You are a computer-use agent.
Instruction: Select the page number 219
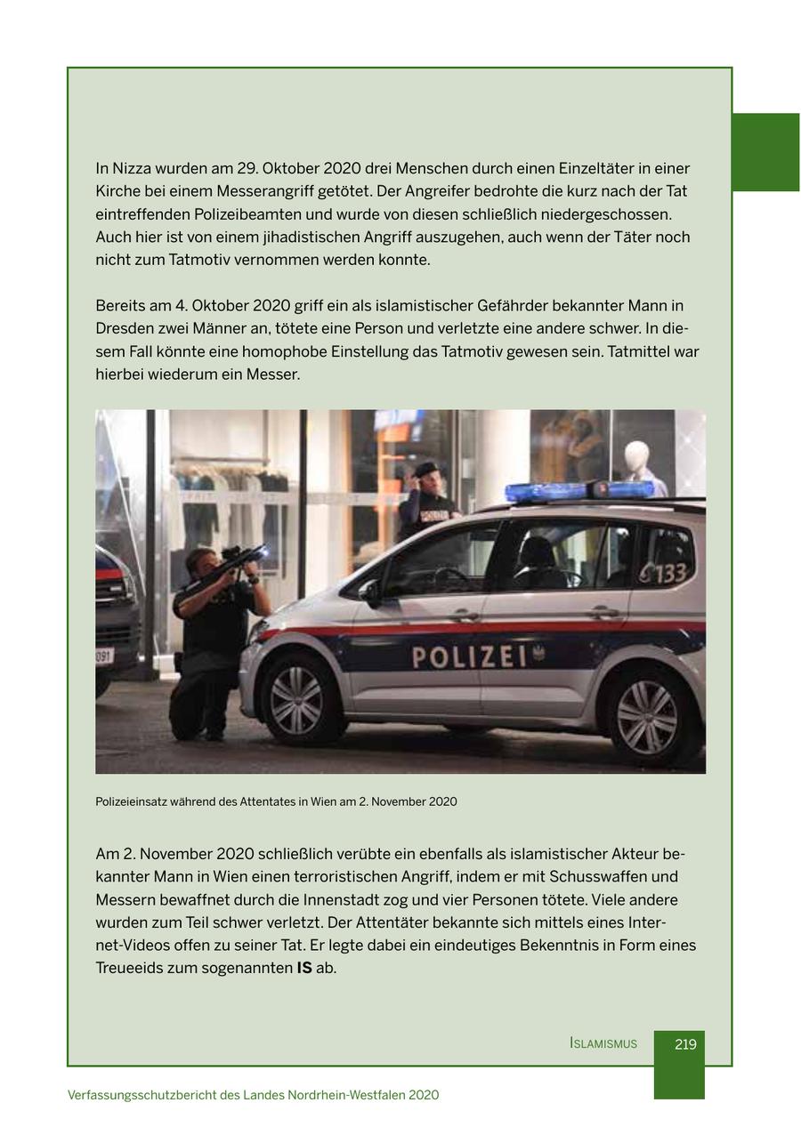(x=685, y=1044)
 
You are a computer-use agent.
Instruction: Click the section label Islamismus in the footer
(x=603, y=1044)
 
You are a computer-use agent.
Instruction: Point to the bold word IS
(x=304, y=968)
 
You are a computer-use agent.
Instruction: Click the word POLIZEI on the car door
(x=470, y=658)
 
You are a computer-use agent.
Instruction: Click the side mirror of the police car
(x=371, y=592)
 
